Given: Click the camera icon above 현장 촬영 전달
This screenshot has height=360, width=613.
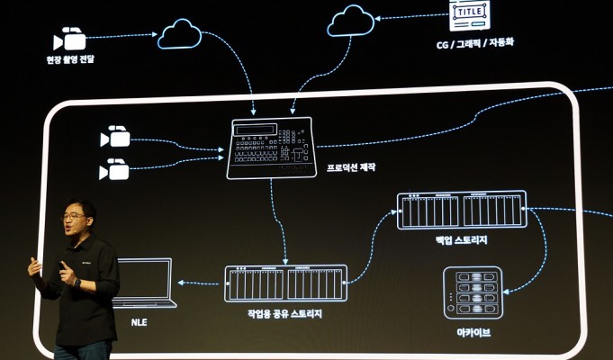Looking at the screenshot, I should click(70, 39).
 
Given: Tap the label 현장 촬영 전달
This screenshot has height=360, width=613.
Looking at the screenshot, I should click(70, 59).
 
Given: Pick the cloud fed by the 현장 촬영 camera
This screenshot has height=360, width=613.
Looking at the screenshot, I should click(179, 34).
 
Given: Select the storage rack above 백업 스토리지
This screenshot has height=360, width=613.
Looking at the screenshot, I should click(462, 210).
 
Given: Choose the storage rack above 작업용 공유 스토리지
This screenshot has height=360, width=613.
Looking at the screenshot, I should click(284, 283).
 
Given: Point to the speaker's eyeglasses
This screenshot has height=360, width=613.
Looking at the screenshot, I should click(74, 217).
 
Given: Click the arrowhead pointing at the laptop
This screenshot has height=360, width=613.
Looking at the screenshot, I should click(180, 283).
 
